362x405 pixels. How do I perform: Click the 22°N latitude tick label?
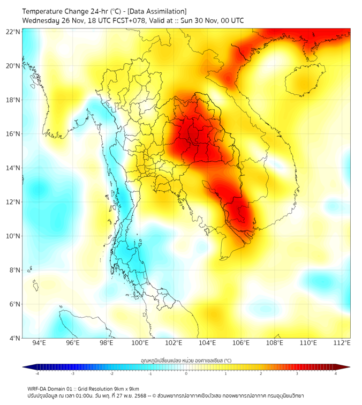click(13, 32)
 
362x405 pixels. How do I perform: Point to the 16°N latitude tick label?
click(13, 134)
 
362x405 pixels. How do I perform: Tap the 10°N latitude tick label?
click(13, 236)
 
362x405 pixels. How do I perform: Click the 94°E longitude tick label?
click(39, 343)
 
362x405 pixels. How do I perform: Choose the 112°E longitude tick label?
click(342, 343)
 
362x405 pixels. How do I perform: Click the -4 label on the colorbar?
click(37, 374)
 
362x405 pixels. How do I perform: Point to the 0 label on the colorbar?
click(186, 374)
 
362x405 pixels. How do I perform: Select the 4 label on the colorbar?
click(336, 374)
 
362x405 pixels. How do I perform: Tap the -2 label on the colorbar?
click(111, 374)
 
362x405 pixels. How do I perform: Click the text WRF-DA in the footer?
click(38, 388)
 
